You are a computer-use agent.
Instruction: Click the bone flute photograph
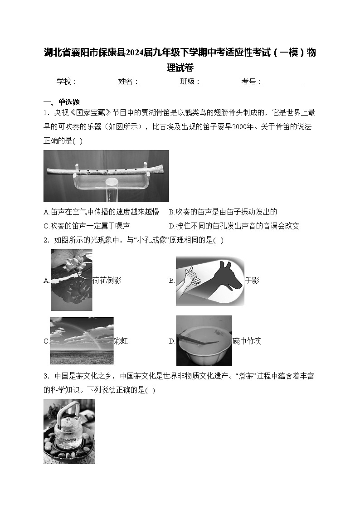pyautogui.click(x=106, y=176)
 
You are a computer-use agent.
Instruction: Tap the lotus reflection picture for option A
pyautogui.click(x=71, y=280)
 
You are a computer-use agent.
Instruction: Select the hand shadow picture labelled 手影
pyautogui.click(x=210, y=281)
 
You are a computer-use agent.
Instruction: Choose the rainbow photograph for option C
pyautogui.click(x=82, y=340)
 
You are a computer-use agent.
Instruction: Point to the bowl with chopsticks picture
pyautogui.click(x=204, y=341)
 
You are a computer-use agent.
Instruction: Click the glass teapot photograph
pyautogui.click(x=69, y=431)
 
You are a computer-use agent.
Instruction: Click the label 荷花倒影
pyautogui.click(x=107, y=280)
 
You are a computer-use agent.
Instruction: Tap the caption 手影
pyautogui.click(x=252, y=280)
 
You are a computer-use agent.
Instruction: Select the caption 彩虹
pyautogui.click(x=121, y=341)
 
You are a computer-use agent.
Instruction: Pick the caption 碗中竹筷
pyautogui.click(x=247, y=341)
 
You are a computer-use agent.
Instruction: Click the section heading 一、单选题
pyautogui.click(x=62, y=102)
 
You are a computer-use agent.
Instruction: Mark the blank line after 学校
pyautogui.click(x=98, y=82)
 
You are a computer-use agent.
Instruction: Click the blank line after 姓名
pyautogui.click(x=160, y=82)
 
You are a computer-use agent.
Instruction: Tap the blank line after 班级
pyautogui.click(x=221, y=82)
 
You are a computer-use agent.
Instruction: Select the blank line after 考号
pyautogui.click(x=283, y=82)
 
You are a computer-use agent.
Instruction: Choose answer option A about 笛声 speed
pyautogui.click(x=102, y=212)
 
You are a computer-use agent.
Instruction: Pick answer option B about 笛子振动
pyautogui.click(x=223, y=212)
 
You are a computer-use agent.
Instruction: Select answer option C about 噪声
pyautogui.click(x=87, y=226)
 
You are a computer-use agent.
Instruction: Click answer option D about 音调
pyautogui.click(x=234, y=226)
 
